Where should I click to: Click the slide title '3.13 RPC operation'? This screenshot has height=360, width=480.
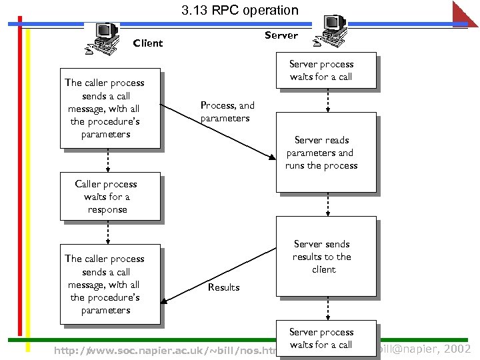(x=240, y=10)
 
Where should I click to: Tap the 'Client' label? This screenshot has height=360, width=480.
(x=147, y=43)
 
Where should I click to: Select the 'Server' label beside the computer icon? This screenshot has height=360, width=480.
(x=281, y=35)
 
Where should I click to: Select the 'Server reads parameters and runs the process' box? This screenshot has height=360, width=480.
(x=327, y=153)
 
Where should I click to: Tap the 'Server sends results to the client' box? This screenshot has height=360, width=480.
(x=327, y=256)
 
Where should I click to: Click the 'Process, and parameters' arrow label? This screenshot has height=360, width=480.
(x=227, y=111)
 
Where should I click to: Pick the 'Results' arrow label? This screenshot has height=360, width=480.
(x=223, y=287)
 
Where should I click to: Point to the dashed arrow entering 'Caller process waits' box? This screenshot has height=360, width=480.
(x=108, y=160)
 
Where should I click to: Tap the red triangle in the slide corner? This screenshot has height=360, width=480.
(x=467, y=13)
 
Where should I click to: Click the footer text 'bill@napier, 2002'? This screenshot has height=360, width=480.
(x=425, y=349)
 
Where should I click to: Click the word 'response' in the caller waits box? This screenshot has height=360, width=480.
(x=107, y=209)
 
